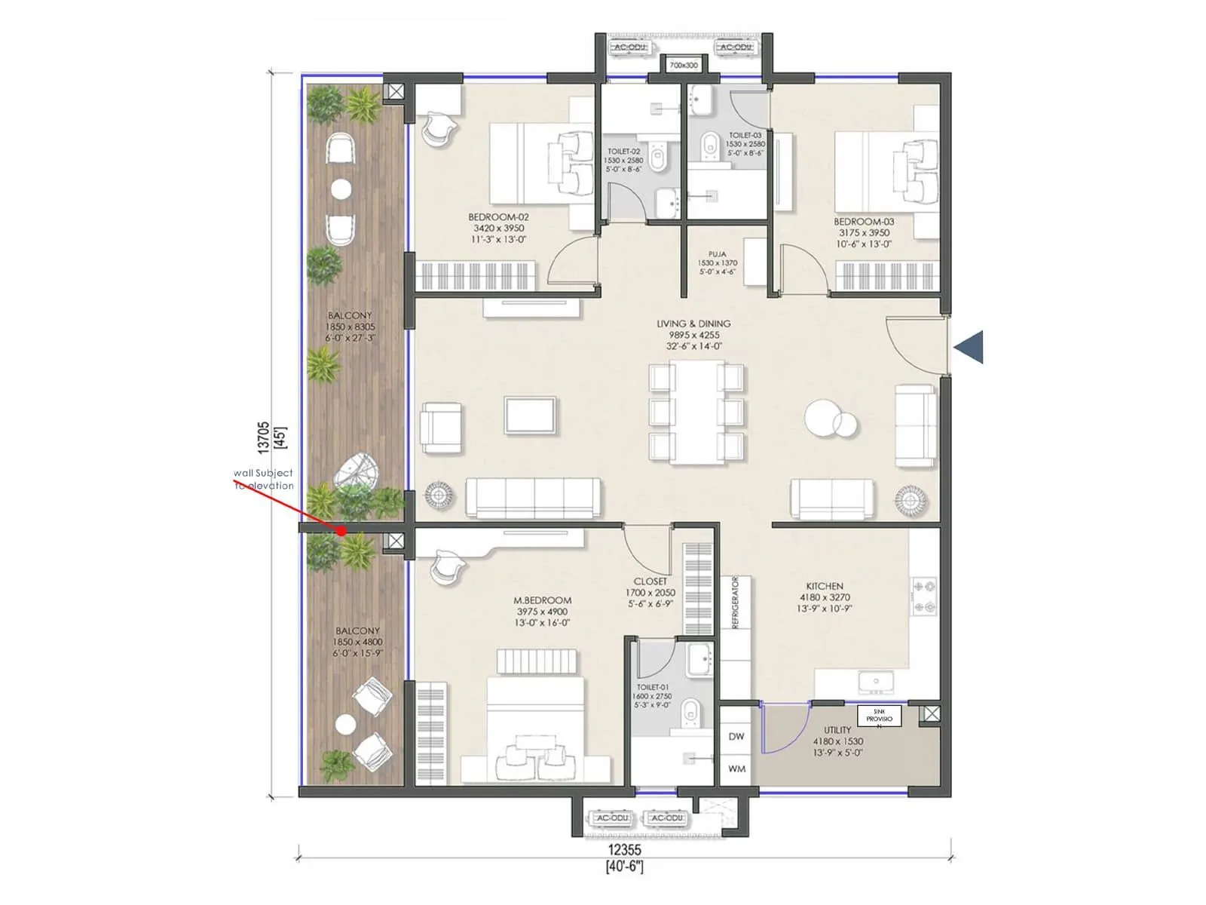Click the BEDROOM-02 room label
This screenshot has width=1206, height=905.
(498, 217)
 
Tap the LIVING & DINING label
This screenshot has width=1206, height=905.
(693, 324)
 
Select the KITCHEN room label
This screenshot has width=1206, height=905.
(825, 586)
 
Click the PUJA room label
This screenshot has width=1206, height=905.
(718, 254)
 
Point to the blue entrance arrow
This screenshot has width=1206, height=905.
(969, 347)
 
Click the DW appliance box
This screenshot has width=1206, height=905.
(736, 736)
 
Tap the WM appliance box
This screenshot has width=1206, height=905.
(736, 768)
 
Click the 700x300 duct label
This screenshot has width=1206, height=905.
(684, 66)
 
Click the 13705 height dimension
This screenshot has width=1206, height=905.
(263, 437)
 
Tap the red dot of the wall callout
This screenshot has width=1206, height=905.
(342, 531)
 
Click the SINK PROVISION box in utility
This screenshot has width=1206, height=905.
(879, 716)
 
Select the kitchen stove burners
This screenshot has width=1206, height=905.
(925, 596)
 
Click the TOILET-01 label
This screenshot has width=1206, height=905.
(653, 687)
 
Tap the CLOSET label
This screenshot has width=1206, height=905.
(650, 581)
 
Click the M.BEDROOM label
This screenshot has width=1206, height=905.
(542, 600)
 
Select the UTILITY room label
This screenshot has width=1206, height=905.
(837, 730)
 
